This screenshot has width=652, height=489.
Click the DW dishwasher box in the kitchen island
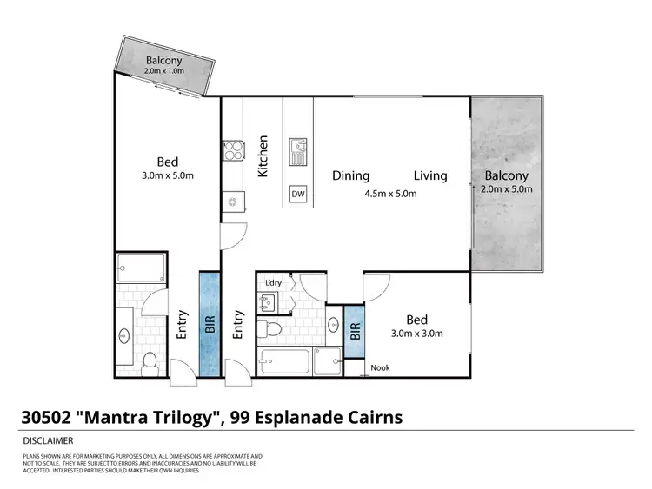pos(297,193)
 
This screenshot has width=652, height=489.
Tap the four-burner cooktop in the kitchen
pos(233,152)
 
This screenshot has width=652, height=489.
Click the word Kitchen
pos(263,157)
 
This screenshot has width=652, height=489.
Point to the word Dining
pos(350,175)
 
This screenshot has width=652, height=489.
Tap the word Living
pos(429,175)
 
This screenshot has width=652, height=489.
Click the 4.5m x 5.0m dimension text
pos(391,194)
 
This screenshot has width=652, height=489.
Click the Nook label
pos(380,367)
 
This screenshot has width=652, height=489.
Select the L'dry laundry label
pos(271,282)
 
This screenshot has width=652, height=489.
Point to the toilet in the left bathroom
pos(148,360)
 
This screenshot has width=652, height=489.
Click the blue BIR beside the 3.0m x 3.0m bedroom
pos(355,330)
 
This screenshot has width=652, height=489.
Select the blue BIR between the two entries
pos(210,322)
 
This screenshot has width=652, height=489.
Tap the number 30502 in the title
pos(45,417)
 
